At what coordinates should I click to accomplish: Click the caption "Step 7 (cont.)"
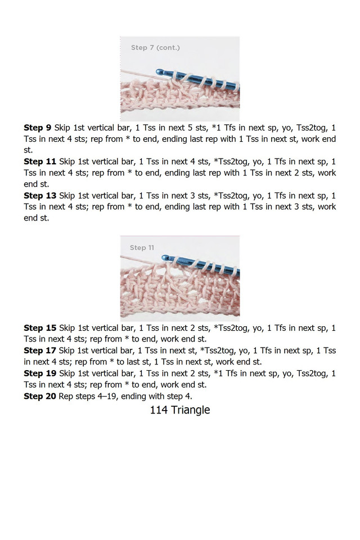click(x=155, y=47)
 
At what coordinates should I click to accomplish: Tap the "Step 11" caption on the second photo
click(x=142, y=247)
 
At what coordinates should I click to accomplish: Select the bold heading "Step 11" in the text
click(x=40, y=161)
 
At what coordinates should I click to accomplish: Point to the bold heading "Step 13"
click(x=40, y=195)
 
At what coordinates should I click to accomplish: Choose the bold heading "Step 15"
click(x=40, y=328)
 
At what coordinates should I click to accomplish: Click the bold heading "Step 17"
click(x=40, y=350)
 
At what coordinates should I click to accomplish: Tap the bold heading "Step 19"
click(x=40, y=373)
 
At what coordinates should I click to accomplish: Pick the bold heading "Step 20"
click(x=40, y=395)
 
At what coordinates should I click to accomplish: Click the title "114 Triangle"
click(x=180, y=410)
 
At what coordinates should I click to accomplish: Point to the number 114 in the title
click(x=159, y=410)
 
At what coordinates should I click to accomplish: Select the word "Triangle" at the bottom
click(x=190, y=410)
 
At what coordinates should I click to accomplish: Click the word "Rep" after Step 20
click(x=67, y=395)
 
